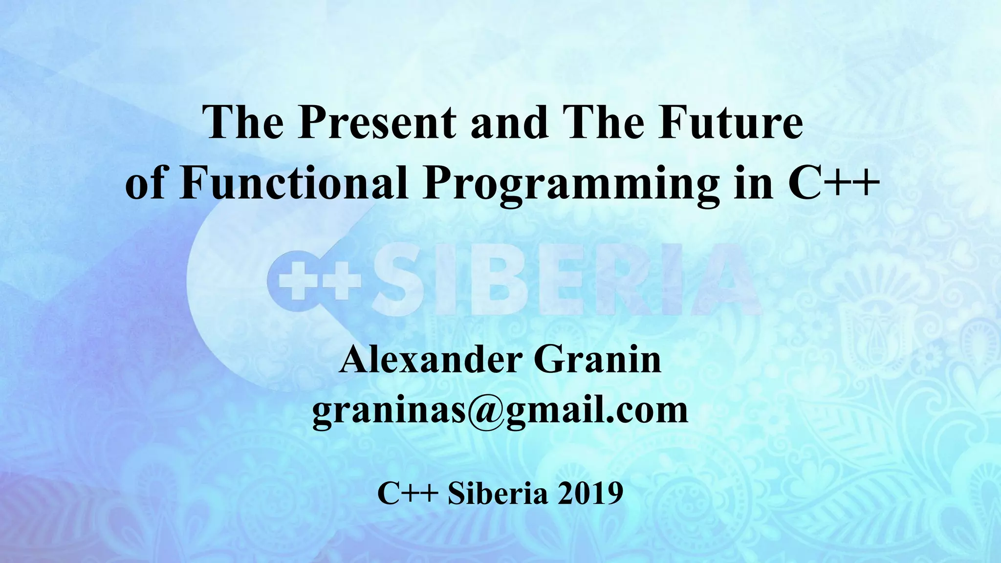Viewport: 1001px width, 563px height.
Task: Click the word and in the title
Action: pyautogui.click(x=509, y=123)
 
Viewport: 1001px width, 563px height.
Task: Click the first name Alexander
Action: pyautogui.click(x=430, y=360)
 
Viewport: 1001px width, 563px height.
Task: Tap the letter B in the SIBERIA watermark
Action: pyautogui.click(x=499, y=280)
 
